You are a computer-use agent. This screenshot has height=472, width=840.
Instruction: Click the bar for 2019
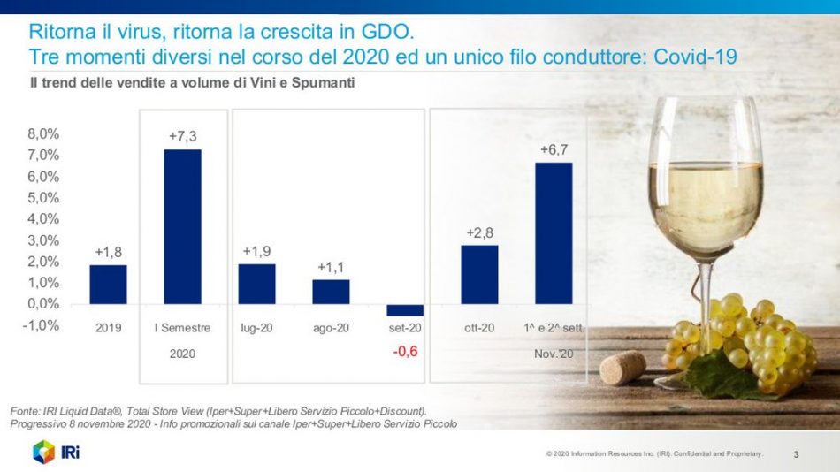point(108,285)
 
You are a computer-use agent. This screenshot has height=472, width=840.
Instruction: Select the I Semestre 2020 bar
point(182,226)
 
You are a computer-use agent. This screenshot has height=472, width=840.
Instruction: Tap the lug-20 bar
point(256,284)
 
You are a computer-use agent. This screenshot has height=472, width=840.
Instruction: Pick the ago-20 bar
point(331,292)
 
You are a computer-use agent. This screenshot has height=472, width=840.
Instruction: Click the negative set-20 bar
point(405,310)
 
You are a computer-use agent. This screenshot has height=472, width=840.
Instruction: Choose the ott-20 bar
point(479,274)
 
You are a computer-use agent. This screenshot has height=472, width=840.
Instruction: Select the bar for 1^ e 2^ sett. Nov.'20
point(554,233)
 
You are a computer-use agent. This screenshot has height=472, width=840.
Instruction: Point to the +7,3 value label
point(183,136)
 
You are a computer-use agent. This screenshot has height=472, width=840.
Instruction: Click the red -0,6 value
point(405,352)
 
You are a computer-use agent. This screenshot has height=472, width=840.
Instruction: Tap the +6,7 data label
point(554,150)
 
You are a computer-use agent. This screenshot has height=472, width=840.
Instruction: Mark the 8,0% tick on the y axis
point(43,134)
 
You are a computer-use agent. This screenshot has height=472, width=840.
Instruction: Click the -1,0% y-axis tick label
point(42,325)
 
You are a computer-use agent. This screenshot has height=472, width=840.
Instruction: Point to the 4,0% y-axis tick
point(43,219)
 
